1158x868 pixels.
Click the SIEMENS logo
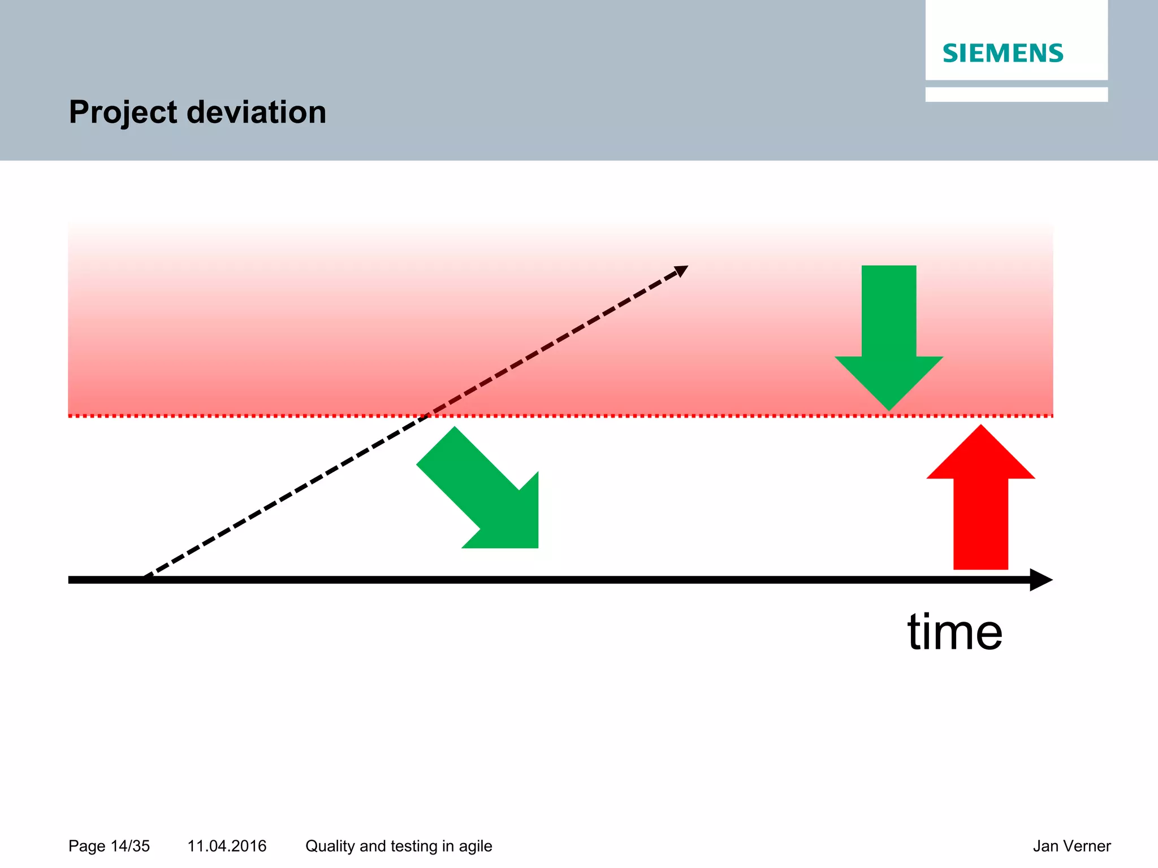click(1003, 53)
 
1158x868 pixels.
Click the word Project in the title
click(123, 112)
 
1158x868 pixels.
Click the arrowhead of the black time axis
click(1042, 580)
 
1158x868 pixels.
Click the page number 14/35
click(130, 846)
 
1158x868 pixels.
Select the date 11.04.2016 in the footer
click(227, 846)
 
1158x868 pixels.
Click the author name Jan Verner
click(1071, 846)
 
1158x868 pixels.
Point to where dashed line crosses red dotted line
click(427, 416)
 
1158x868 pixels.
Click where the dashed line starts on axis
click(145, 578)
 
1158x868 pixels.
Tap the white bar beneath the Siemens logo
click(1016, 94)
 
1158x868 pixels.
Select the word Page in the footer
click(87, 846)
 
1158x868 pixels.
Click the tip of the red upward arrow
click(980, 427)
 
